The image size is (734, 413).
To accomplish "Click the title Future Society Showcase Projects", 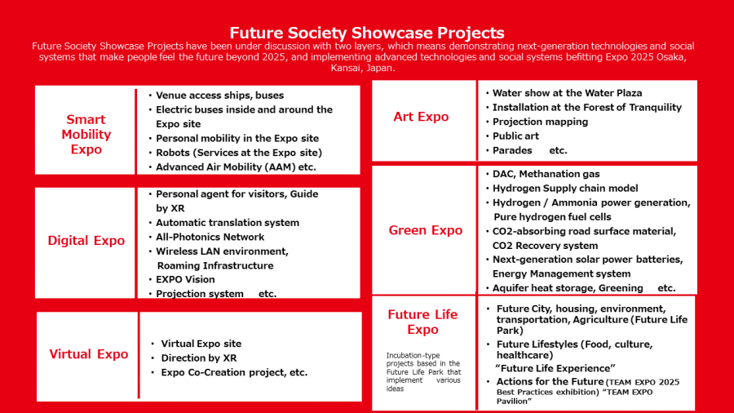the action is pos(366,33).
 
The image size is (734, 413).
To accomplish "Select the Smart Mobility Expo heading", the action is pos(86,135).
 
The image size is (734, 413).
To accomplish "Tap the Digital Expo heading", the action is pos(86,241).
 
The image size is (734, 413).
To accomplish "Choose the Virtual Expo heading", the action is pos(88,354).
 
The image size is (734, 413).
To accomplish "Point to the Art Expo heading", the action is pos(421,117).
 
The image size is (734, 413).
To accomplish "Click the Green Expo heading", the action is pos(426,230).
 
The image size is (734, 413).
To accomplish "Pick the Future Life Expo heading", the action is pos(422,322).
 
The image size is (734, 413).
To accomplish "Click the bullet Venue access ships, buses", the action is pos(219,95).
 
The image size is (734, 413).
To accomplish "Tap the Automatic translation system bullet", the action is pos(228,223).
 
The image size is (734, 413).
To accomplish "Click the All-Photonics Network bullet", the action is pos(210,237).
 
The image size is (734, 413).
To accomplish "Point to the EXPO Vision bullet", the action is pos(185,279).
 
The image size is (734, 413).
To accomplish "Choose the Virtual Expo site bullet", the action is pos(201,344).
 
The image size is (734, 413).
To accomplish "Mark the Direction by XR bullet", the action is pos(199,358).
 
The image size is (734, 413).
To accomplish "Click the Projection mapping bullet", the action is pos(540,122).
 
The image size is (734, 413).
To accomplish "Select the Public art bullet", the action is pos(515,136).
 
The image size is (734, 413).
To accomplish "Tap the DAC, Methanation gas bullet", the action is pos(546,174).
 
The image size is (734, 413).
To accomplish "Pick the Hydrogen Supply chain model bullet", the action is pos(565,189).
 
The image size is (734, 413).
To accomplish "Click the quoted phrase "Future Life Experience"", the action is pos(555,368).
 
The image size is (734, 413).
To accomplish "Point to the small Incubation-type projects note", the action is pos(423,372).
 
